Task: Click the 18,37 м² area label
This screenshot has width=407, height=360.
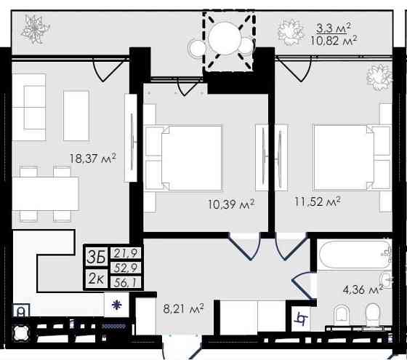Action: click(93, 159)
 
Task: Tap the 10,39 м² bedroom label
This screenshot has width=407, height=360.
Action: click(232, 204)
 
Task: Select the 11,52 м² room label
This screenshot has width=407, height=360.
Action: click(318, 201)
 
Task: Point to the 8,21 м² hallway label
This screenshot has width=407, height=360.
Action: click(183, 309)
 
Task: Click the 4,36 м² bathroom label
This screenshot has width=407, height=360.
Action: click(363, 289)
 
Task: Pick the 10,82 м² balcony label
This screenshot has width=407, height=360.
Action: click(334, 41)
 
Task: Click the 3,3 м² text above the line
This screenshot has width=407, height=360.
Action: click(334, 28)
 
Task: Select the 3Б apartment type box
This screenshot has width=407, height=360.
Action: click(96, 257)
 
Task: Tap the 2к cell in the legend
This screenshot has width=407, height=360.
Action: click(96, 279)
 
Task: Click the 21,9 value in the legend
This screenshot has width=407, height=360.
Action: click(126, 253)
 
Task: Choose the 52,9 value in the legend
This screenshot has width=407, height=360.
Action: click(126, 268)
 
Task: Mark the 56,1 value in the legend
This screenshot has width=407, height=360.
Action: click(126, 282)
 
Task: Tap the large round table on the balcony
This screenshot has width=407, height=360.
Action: click(224, 38)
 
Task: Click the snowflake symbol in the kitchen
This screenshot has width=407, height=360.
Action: click(116, 305)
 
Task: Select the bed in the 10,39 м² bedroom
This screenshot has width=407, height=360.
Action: click(183, 159)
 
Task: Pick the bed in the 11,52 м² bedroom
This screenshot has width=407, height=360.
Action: click(352, 158)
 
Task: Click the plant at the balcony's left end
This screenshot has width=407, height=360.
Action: click(35, 28)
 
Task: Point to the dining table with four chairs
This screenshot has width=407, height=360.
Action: click(45, 193)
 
